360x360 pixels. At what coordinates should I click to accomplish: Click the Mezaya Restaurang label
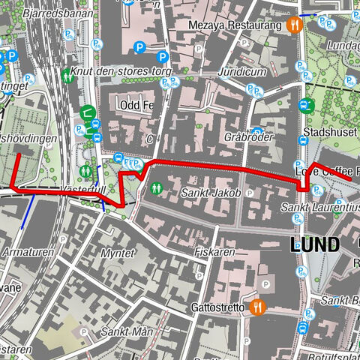point(241,24)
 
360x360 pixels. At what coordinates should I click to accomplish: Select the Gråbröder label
point(247,138)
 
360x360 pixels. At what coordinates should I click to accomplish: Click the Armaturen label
point(27,253)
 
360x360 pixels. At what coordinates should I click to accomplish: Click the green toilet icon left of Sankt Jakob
point(157,187)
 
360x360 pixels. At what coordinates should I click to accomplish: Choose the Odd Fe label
point(136,105)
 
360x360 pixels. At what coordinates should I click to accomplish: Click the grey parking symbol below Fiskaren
point(266,284)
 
